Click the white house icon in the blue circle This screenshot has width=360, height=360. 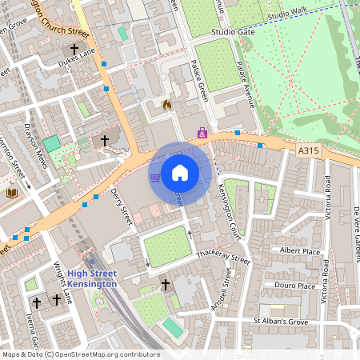(x=180, y=173)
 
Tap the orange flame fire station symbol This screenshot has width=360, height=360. (x=166, y=105)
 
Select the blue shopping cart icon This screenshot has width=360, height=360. (x=154, y=177)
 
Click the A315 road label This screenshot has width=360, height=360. (x=307, y=150)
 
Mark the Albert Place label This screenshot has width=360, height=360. (x=299, y=250)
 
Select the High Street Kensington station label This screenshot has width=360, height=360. (x=91, y=278)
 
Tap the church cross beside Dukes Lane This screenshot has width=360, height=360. (x=73, y=49)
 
